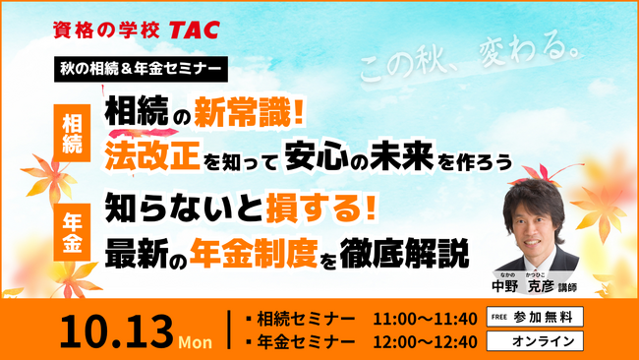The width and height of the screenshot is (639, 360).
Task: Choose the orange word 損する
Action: (306, 210)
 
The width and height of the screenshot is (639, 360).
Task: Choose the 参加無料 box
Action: (536, 317)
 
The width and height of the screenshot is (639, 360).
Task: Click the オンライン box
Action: (536, 340)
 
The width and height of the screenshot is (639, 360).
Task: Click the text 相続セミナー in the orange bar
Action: (305, 318)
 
